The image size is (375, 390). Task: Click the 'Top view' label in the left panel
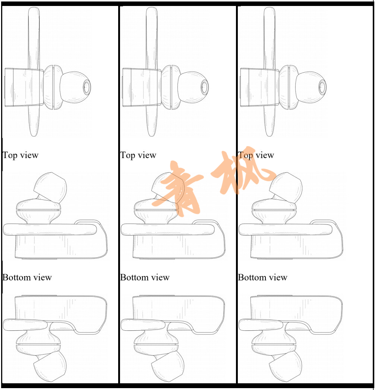tap(21, 155)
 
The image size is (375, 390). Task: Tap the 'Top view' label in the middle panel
tap(138, 155)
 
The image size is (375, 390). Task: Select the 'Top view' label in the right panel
tap(256, 155)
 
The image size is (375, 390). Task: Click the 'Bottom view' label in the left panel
tap(27, 277)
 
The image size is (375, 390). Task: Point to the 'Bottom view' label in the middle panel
tap(145, 277)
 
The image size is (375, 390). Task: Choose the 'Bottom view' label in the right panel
tap(263, 277)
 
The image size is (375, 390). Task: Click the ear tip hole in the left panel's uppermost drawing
tap(87, 87)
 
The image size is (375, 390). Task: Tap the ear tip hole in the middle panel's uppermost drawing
tap(205, 87)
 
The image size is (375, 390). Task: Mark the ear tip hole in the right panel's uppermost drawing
tap(322, 87)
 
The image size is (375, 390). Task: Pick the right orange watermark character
tap(242, 172)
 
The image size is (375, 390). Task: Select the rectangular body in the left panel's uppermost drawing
tap(24, 87)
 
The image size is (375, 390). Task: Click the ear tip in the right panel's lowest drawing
tap(286, 366)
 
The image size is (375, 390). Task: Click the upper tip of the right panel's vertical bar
tap(270, 7)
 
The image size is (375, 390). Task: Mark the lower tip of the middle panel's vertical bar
tap(151, 136)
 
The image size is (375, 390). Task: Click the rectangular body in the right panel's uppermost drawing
tap(260, 87)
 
